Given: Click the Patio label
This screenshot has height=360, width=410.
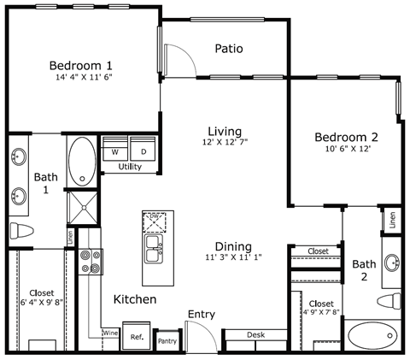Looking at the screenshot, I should tap(229, 49).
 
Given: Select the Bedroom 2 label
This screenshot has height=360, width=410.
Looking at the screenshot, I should tap(346, 137).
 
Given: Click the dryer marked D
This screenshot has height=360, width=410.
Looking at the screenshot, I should tap(143, 150).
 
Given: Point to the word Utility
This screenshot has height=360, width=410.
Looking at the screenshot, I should tap(130, 168).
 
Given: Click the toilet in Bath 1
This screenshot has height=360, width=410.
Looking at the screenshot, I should tap(21, 230).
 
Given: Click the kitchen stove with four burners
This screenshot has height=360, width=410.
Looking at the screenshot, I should tap(90, 261).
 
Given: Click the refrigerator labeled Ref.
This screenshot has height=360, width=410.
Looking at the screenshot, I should tap(137, 337).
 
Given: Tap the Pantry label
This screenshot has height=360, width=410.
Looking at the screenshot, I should tap(167, 341).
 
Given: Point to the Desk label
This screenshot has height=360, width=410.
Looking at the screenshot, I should tap(255, 335).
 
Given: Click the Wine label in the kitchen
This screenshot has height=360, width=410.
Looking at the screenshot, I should tap(109, 332).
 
